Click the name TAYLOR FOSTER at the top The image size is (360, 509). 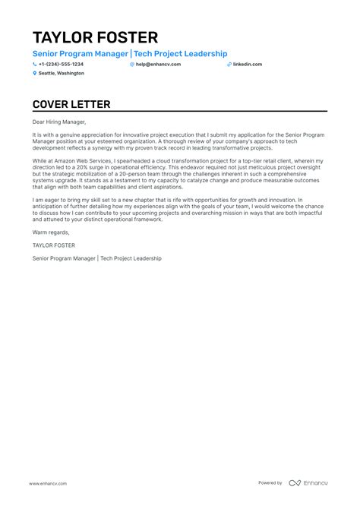click(95, 37)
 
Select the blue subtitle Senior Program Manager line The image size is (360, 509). click(130, 54)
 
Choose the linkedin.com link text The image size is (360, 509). click(248, 65)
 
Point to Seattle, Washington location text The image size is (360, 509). click(62, 74)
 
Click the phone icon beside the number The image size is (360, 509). click(35, 65)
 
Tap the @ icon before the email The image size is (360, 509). click(132, 65)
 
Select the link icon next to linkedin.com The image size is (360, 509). click(229, 65)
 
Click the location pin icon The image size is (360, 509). click(35, 74)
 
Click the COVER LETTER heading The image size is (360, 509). click(71, 104)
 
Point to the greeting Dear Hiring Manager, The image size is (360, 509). click(60, 122)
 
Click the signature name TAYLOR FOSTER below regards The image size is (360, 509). click(52, 245)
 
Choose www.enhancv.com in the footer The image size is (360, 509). click(49, 483)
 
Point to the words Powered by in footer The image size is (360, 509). click(270, 483)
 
